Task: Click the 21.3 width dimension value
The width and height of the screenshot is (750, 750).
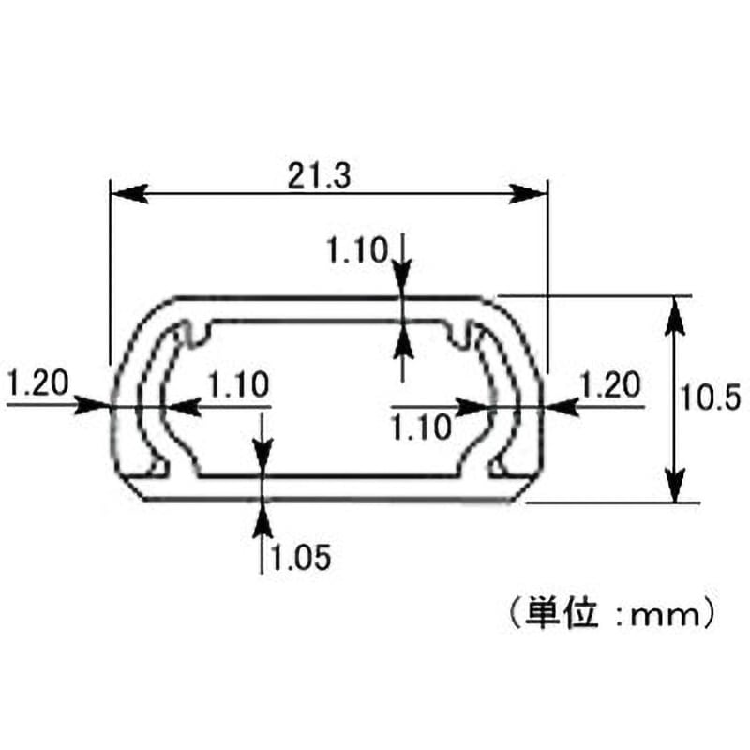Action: click(x=319, y=175)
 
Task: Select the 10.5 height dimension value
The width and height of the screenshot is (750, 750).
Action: click(x=711, y=397)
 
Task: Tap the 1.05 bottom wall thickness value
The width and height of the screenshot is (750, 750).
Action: click(x=301, y=557)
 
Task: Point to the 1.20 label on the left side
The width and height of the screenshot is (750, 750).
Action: click(x=38, y=383)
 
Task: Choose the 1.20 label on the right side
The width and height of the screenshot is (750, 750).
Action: click(x=610, y=385)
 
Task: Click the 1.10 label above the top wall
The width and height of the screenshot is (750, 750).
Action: click(x=357, y=250)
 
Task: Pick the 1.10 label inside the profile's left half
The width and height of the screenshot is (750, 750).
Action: click(x=239, y=385)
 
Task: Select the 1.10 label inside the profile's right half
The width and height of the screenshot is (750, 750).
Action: click(x=421, y=427)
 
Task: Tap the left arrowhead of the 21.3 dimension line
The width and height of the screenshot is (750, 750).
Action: click(x=128, y=194)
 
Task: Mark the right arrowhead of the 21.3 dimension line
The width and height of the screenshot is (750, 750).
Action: click(x=528, y=194)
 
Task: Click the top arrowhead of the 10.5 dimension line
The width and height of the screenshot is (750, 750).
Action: click(x=674, y=316)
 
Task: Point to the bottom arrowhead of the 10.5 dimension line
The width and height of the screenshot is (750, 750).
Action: click(x=674, y=484)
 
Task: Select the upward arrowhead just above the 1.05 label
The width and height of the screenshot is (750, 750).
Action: click(x=262, y=517)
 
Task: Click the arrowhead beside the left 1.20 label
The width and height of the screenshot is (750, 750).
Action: click(x=91, y=407)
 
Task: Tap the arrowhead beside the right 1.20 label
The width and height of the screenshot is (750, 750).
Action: click(x=562, y=407)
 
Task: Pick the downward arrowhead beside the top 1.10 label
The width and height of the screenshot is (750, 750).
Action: click(x=403, y=278)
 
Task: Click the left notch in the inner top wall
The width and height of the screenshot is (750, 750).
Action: click(x=197, y=333)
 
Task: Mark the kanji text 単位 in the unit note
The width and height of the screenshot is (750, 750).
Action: click(x=562, y=613)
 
